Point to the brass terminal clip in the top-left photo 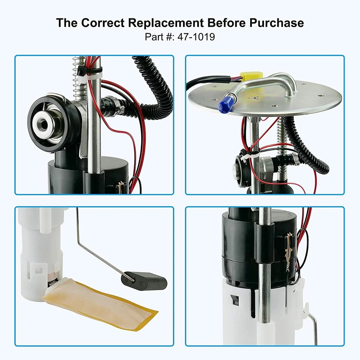121,187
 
